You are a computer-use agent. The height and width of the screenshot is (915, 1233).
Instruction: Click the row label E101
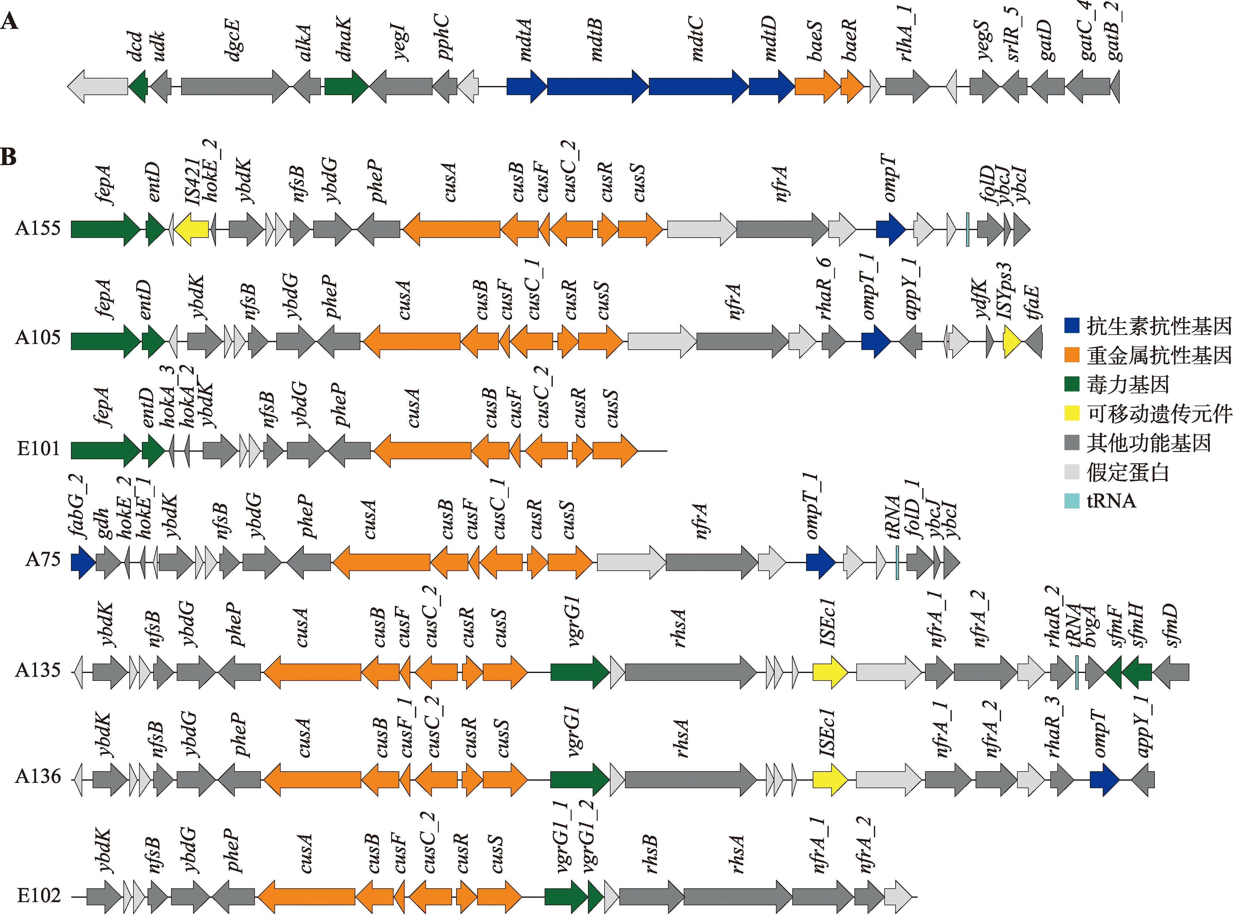[38, 449]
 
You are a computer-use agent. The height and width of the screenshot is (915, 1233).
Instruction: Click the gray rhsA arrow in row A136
[690, 779]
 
